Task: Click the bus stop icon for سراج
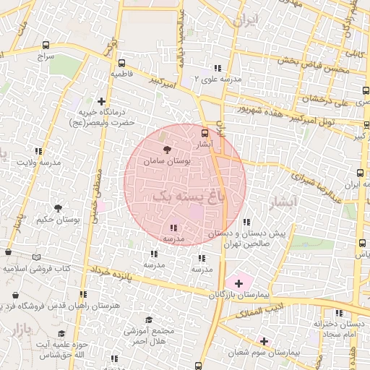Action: pos(46,45)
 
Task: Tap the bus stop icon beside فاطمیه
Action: pos(122,62)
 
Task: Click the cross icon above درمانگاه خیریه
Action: pos(101,102)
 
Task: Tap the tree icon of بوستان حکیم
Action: pos(58,207)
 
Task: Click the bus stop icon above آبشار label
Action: pos(205,134)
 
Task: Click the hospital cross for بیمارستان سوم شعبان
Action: pos(263,341)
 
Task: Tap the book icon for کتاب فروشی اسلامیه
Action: pos(37,257)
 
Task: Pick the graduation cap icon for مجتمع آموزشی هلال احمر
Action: pos(148,319)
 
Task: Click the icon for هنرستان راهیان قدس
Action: pos(83,294)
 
